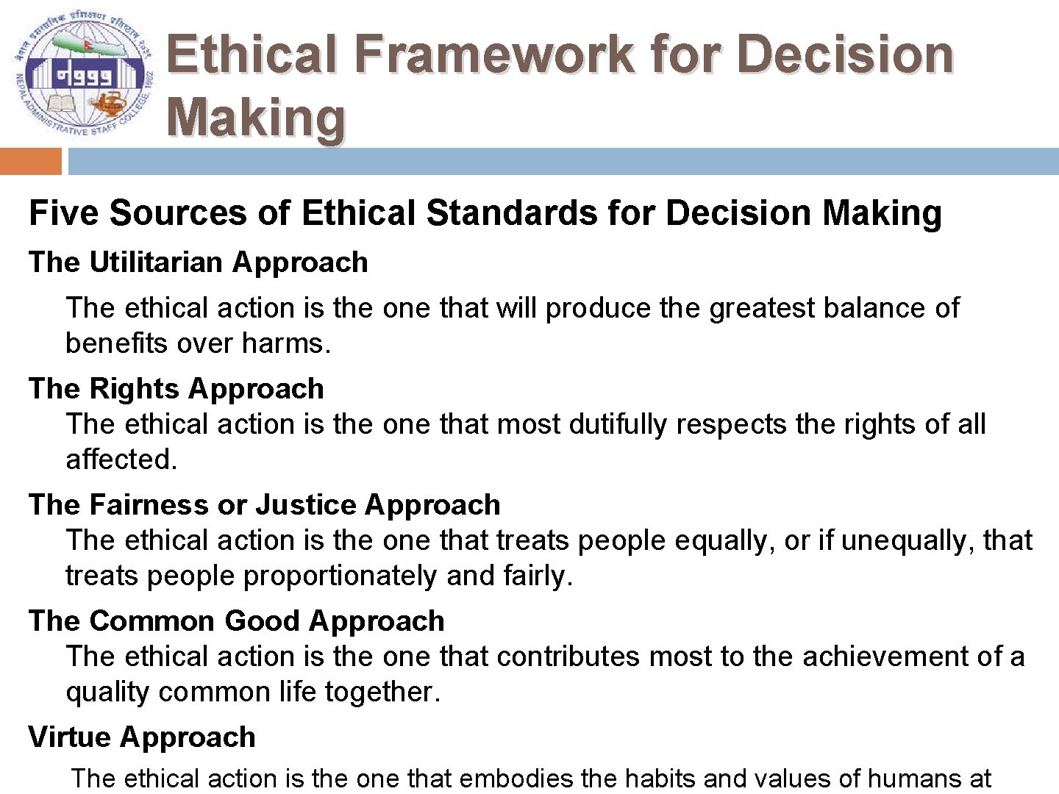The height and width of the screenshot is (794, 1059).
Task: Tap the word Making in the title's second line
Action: click(x=256, y=118)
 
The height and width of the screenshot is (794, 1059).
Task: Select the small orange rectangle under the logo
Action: click(x=31, y=161)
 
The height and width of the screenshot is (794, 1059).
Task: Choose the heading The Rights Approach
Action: click(x=176, y=388)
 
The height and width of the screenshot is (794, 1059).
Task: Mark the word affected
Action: click(x=121, y=459)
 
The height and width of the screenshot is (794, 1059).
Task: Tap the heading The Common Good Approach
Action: click(x=237, y=621)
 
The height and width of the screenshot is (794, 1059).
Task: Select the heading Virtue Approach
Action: click(x=142, y=737)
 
